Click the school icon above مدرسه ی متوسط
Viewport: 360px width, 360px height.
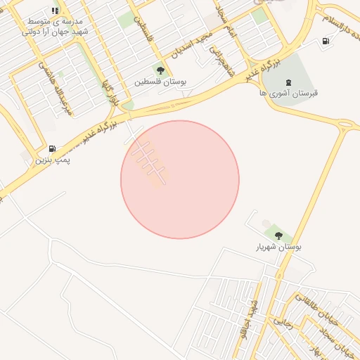click(56, 11)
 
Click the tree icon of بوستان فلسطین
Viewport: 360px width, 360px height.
click(161, 70)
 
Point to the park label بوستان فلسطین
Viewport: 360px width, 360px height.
click(161, 82)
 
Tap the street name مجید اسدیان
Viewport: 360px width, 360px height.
click(185, 46)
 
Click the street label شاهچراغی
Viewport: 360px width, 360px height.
click(224, 63)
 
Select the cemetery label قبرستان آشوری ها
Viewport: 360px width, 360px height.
click(289, 93)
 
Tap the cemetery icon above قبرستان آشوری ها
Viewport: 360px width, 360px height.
click(289, 81)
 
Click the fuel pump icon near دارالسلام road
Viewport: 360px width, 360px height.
click(325, 41)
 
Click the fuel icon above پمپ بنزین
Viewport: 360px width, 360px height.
click(53, 148)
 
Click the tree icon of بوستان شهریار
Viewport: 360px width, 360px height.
click(278, 236)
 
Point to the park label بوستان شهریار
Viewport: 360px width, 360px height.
click(279, 247)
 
